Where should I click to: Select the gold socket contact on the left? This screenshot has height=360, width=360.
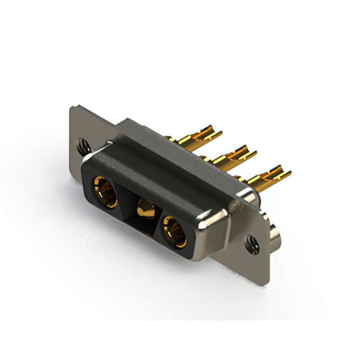tap(105, 191)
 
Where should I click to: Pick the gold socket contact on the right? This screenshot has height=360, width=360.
tap(174, 229)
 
